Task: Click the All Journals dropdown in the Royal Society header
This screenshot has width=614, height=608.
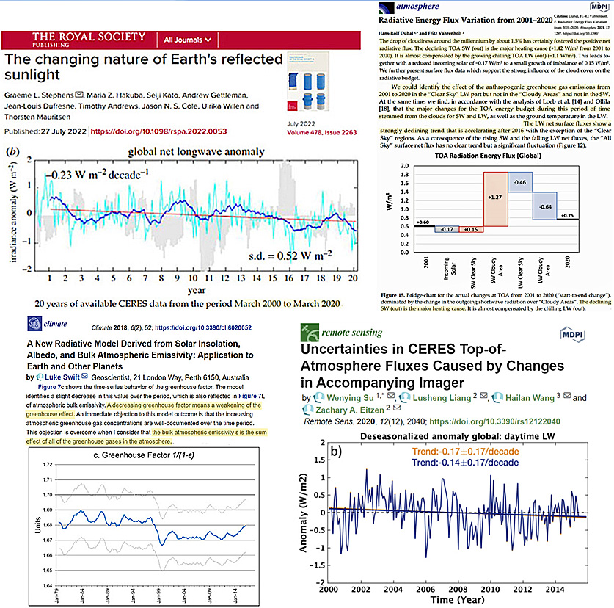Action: pyautogui.click(x=189, y=39)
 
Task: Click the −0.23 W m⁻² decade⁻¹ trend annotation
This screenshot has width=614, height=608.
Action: pyautogui.click(x=98, y=155)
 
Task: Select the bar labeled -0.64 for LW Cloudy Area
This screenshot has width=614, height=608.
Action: pyautogui.click(x=544, y=206)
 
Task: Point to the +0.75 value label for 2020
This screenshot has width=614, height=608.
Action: pyautogui.click(x=567, y=215)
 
